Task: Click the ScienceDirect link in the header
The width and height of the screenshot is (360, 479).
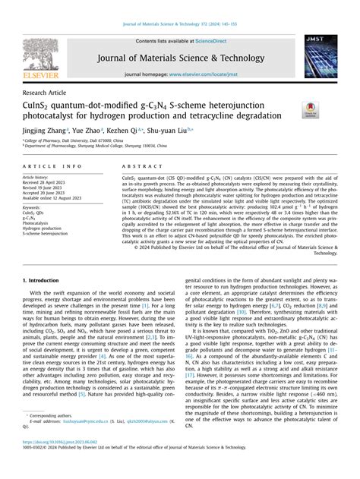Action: pos(215,41)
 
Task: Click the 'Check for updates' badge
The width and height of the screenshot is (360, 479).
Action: pos(310,109)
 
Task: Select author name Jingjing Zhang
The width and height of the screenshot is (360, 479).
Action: pos(44,131)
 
